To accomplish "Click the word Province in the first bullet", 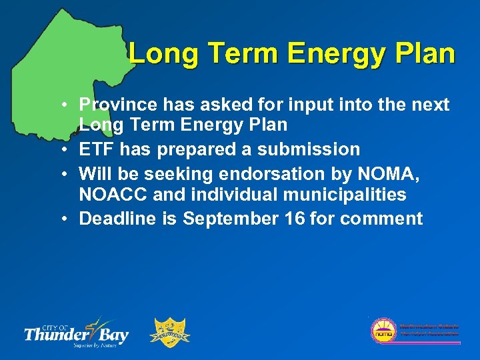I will [x=111, y=105].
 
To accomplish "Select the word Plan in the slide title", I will [x=424, y=53].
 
